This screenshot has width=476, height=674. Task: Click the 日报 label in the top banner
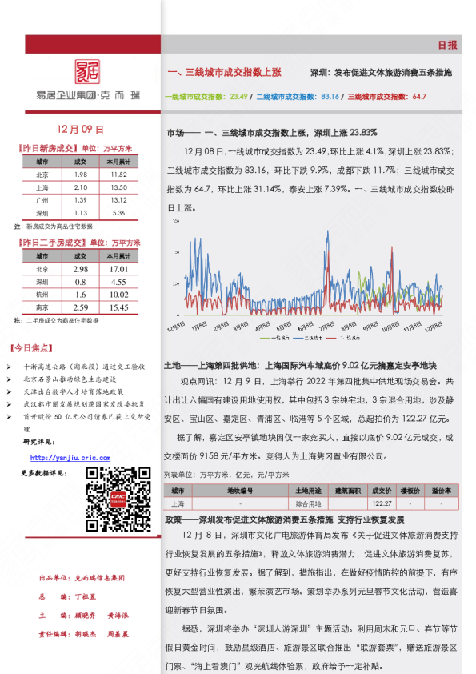pyautogui.click(x=448, y=45)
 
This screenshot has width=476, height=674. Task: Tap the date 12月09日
pyautogui.click(x=82, y=129)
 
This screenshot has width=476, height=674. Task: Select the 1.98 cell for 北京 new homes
pyautogui.click(x=80, y=174)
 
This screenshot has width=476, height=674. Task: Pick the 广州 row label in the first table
pyautogui.click(x=42, y=199)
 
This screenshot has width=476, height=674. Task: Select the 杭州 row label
pyautogui.click(x=42, y=295)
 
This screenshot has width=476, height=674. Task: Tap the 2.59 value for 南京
pyautogui.click(x=80, y=307)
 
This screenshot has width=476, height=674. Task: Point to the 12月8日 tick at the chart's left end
pyautogui.click(x=177, y=327)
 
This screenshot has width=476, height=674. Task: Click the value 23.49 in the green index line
pyautogui.click(x=238, y=97)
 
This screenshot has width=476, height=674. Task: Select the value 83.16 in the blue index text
pyautogui.click(x=330, y=97)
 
